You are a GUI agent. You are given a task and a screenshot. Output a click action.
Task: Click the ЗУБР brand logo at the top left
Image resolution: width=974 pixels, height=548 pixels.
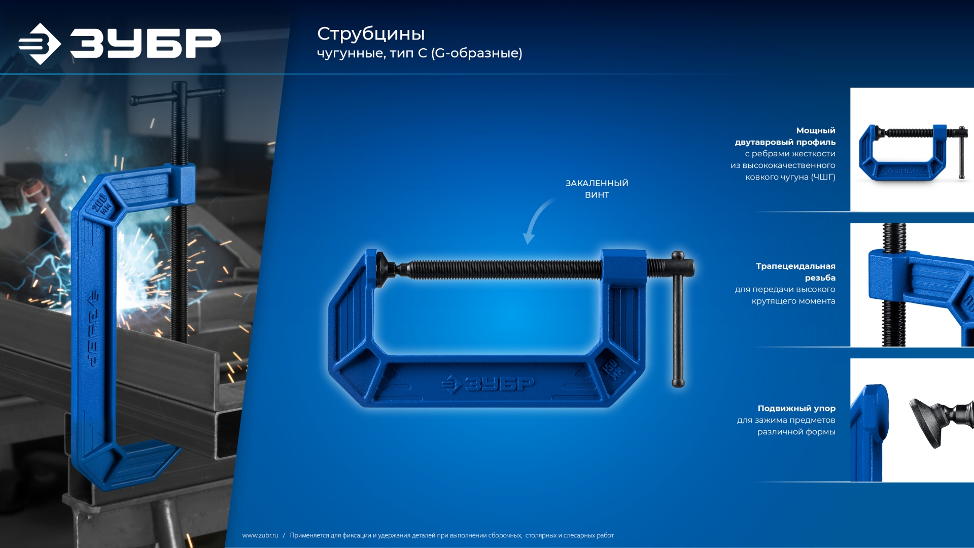pyautogui.click(x=120, y=44)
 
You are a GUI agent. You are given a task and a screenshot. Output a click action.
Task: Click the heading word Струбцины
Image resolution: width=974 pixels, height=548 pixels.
pyautogui.click(x=371, y=34)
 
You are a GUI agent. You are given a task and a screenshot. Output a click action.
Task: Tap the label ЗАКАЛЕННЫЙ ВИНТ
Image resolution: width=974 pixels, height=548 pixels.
pyautogui.click(x=597, y=189)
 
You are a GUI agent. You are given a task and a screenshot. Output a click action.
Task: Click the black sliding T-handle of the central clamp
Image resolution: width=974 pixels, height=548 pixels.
pyautogui.click(x=678, y=320)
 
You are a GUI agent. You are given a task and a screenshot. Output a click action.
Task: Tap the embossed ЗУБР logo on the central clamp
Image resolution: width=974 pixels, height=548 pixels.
pyautogui.click(x=488, y=384)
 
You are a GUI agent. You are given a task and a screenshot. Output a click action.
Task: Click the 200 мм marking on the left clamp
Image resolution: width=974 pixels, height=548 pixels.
pyautogui.click(x=101, y=203)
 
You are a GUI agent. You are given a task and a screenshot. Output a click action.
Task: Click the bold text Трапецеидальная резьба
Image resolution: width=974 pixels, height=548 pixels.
pyautogui.click(x=795, y=271)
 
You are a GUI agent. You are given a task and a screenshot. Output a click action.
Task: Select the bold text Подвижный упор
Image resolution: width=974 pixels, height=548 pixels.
pyautogui.click(x=796, y=408)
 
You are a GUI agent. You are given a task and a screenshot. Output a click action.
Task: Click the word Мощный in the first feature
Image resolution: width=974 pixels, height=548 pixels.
pyautogui.click(x=816, y=130)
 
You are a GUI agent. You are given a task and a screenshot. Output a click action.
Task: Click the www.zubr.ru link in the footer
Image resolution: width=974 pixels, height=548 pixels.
pyautogui.click(x=260, y=535)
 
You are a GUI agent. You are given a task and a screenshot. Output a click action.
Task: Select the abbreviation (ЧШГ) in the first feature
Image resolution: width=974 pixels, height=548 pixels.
pyautogui.click(x=823, y=177)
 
